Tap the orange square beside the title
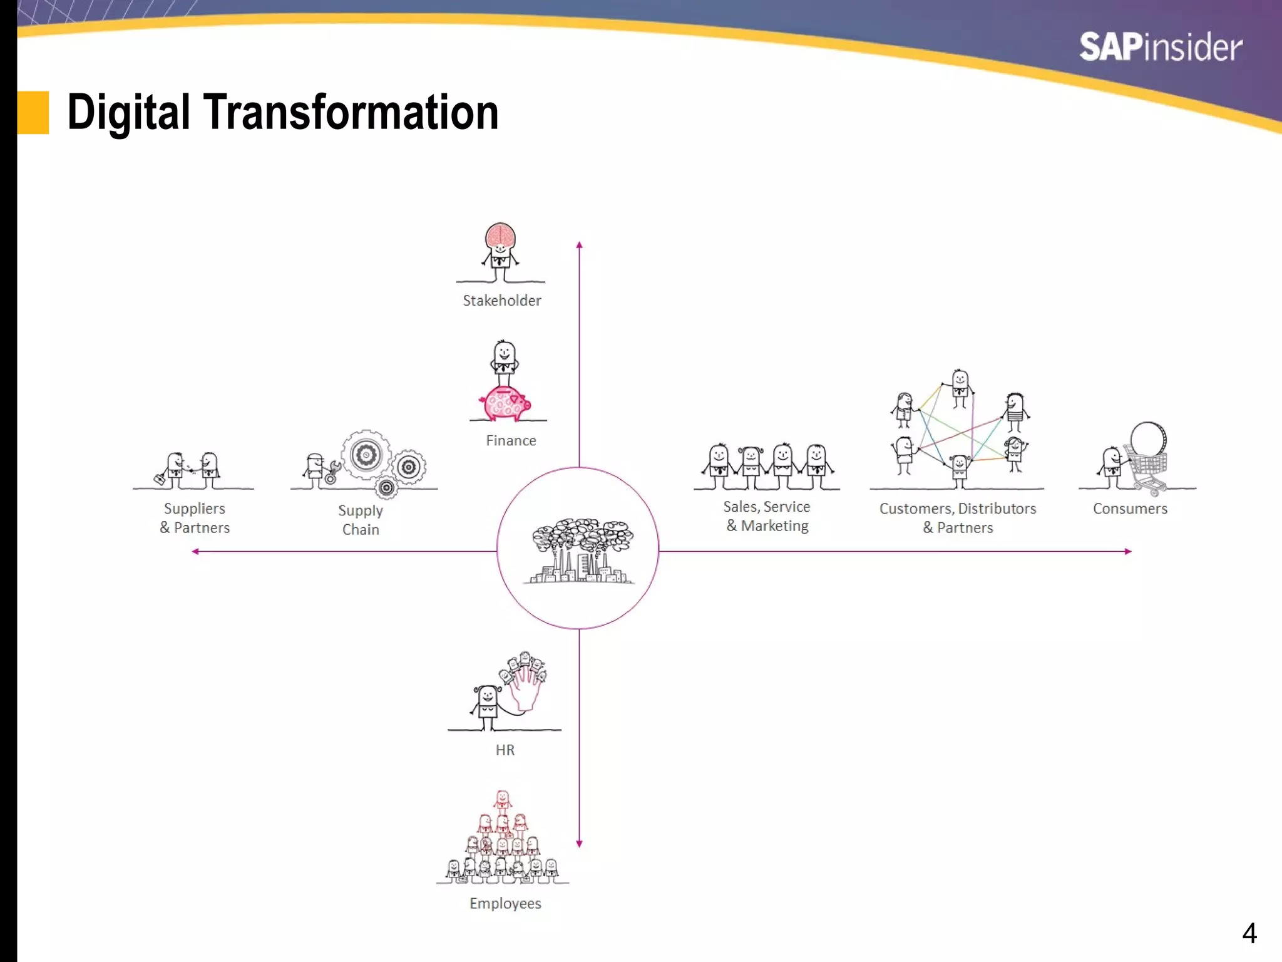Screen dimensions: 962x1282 pos(33,113)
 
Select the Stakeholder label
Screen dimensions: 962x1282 pos(501,301)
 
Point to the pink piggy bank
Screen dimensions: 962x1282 pos(505,403)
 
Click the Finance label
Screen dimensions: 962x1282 pos(511,441)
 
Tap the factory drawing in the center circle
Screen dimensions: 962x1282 pos(581,551)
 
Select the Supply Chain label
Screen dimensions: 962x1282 pos(361,520)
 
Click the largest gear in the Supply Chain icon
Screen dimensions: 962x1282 pos(366,455)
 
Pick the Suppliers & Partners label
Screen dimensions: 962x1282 pos(195,518)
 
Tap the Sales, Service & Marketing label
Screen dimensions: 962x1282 pos(767,516)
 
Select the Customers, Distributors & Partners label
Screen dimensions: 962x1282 pos(958,518)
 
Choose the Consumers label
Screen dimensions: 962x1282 pos(1130,509)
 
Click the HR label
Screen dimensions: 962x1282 pos(505,750)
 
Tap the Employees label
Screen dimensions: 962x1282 pos(505,903)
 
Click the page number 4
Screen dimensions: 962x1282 pos(1249,933)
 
